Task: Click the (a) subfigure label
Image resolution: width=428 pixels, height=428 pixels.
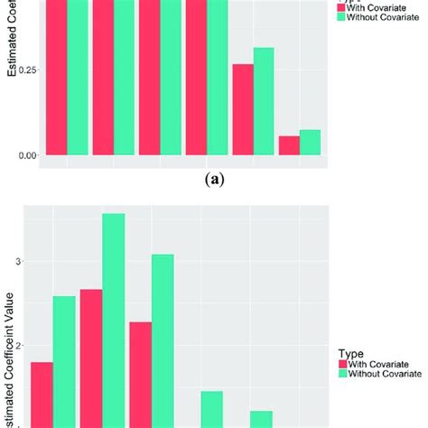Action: [215, 180]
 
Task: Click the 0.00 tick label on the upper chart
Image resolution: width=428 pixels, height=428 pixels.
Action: [30, 155]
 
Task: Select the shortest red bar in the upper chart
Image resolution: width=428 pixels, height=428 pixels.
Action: [289, 145]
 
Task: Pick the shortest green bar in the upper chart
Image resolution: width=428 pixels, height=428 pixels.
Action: [310, 143]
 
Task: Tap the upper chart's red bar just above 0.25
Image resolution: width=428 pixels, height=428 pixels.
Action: [243, 109]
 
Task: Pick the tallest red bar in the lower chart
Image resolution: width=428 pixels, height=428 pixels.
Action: [91, 357]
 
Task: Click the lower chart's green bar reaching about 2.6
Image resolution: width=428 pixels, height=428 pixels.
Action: [64, 361]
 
